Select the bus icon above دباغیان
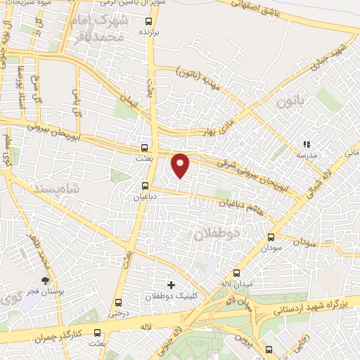(145, 187)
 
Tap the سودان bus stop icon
(271, 238)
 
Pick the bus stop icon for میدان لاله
(236, 274)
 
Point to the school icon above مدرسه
(306, 143)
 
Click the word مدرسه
(305, 153)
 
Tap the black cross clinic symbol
(171, 285)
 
